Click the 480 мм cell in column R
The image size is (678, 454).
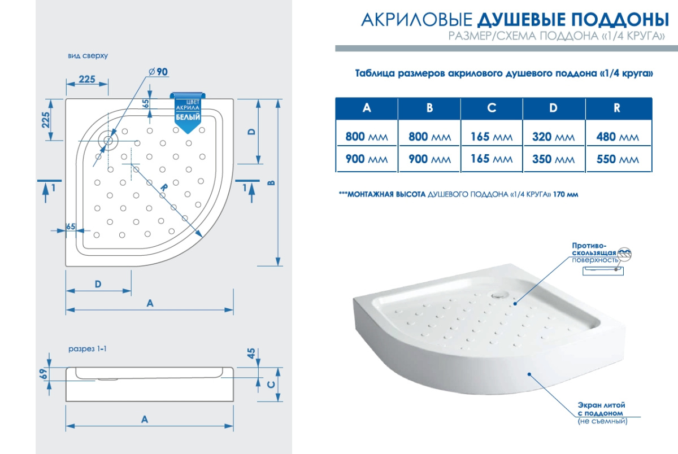[x=618, y=137]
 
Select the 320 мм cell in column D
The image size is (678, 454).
[x=553, y=137]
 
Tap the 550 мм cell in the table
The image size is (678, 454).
[x=618, y=159]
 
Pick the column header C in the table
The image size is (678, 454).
[x=492, y=108]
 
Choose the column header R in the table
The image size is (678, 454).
[x=617, y=108]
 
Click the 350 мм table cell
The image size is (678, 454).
[x=553, y=159]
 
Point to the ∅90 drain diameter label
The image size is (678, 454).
[x=158, y=72]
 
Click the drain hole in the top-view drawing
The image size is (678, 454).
[x=108, y=141]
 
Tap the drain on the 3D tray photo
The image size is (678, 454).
[x=497, y=295]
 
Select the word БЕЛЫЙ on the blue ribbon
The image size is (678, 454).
[x=188, y=117]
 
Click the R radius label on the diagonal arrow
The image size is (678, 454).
[x=164, y=187]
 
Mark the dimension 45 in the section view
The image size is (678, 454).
[x=252, y=353]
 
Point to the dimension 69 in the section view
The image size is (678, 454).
[x=44, y=374]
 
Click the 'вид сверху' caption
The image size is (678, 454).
[x=88, y=56]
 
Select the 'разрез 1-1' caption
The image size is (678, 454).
[x=88, y=349]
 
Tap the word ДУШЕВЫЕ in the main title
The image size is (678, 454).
[x=520, y=20]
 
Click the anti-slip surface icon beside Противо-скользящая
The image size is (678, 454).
[x=624, y=254]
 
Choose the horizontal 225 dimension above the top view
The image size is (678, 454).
[x=87, y=79]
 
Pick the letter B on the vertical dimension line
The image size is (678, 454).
[x=272, y=183]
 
